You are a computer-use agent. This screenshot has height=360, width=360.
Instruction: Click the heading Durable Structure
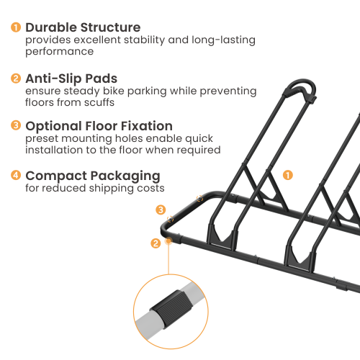click(x=83, y=27)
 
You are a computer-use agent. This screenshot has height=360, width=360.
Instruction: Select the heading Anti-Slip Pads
click(x=71, y=78)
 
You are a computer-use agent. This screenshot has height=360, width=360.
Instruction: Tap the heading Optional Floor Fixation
click(x=99, y=126)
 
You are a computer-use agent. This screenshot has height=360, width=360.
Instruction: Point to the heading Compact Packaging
click(x=93, y=175)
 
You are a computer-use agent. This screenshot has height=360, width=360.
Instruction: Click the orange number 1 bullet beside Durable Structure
click(x=15, y=27)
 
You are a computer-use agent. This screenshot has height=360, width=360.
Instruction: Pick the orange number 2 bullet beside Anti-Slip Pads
click(x=15, y=78)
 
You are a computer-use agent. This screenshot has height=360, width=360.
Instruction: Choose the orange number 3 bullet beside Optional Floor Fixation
click(x=15, y=126)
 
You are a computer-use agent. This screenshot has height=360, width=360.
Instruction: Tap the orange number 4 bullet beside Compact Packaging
click(x=15, y=175)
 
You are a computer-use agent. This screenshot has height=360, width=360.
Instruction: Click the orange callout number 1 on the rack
click(x=287, y=174)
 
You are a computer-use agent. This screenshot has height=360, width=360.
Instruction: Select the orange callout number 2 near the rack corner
click(x=155, y=243)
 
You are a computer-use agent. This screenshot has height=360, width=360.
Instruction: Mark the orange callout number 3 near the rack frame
click(x=161, y=210)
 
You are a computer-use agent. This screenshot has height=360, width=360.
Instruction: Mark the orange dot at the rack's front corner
click(x=168, y=240)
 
